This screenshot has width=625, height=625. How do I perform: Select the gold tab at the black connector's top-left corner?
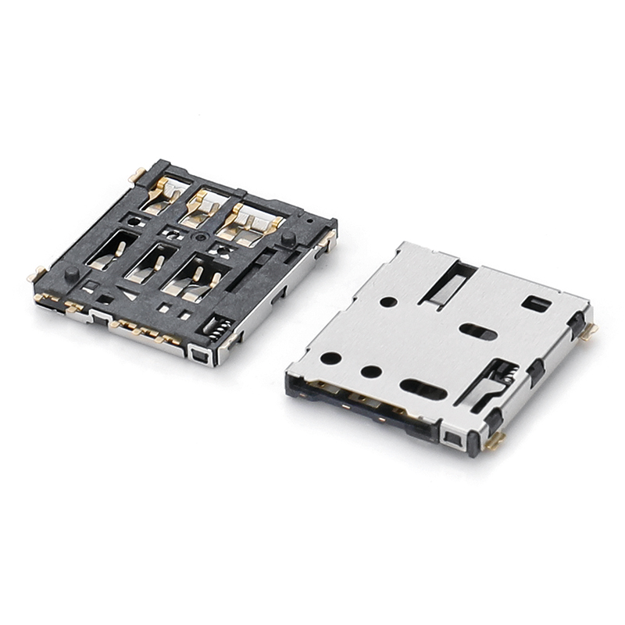coord(137,175)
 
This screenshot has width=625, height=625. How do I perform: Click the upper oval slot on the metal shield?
coord(478,332)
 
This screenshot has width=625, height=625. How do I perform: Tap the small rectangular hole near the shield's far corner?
coord(536,304)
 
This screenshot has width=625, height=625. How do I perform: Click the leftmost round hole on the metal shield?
coord(331,359)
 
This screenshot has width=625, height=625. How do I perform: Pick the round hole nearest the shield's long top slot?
coord(387,302)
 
